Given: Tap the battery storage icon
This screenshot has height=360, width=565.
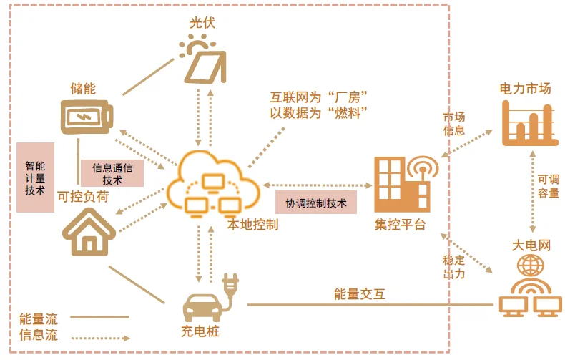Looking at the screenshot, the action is click(x=87, y=117).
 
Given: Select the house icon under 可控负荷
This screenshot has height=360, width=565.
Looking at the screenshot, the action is click(x=89, y=232).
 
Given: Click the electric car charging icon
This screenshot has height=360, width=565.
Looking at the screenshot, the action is click(x=210, y=298).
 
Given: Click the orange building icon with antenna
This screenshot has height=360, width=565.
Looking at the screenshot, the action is click(x=406, y=184).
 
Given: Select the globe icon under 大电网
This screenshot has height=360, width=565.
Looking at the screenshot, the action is click(x=531, y=265).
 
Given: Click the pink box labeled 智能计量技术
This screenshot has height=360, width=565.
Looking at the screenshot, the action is click(x=35, y=177).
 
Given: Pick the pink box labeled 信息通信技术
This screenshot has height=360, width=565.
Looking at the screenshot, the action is click(x=112, y=173).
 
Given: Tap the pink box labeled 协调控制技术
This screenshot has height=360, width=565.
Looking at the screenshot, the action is click(x=316, y=203).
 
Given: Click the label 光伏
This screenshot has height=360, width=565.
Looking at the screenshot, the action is click(x=202, y=23).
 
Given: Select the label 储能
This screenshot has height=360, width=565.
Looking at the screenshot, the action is click(x=83, y=88).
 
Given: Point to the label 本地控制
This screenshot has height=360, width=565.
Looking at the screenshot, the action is click(x=252, y=224).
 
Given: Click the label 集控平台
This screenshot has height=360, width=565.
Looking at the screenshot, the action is click(x=400, y=224).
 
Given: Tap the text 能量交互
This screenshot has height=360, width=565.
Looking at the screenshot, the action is click(x=360, y=294).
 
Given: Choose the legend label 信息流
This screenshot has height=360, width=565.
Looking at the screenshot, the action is click(x=39, y=335).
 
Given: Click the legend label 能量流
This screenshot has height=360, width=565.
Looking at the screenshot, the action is click(x=39, y=319).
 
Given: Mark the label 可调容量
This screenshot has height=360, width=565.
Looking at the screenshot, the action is click(x=549, y=186).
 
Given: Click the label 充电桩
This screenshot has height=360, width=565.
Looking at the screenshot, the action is click(x=200, y=331).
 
